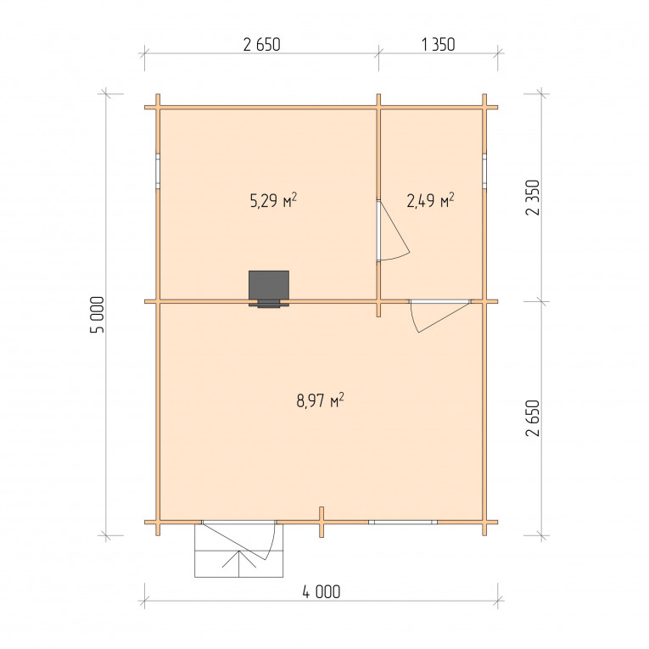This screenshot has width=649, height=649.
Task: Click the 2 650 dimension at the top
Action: coord(261,45)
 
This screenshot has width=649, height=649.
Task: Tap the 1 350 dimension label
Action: coord(439,45)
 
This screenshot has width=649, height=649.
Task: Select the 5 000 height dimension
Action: coord(98,315)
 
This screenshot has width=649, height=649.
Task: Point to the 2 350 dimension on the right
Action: coord(533,198)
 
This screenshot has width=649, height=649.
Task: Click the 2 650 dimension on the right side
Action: coord(533,418)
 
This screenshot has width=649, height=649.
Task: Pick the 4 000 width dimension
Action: coord(322,592)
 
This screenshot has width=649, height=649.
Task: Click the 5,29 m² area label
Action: coord(273,200)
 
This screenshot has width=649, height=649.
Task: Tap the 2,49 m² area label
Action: coord(430,200)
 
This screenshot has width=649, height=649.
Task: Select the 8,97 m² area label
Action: coord(321,400)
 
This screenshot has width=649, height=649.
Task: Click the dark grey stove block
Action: coord(269,287)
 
